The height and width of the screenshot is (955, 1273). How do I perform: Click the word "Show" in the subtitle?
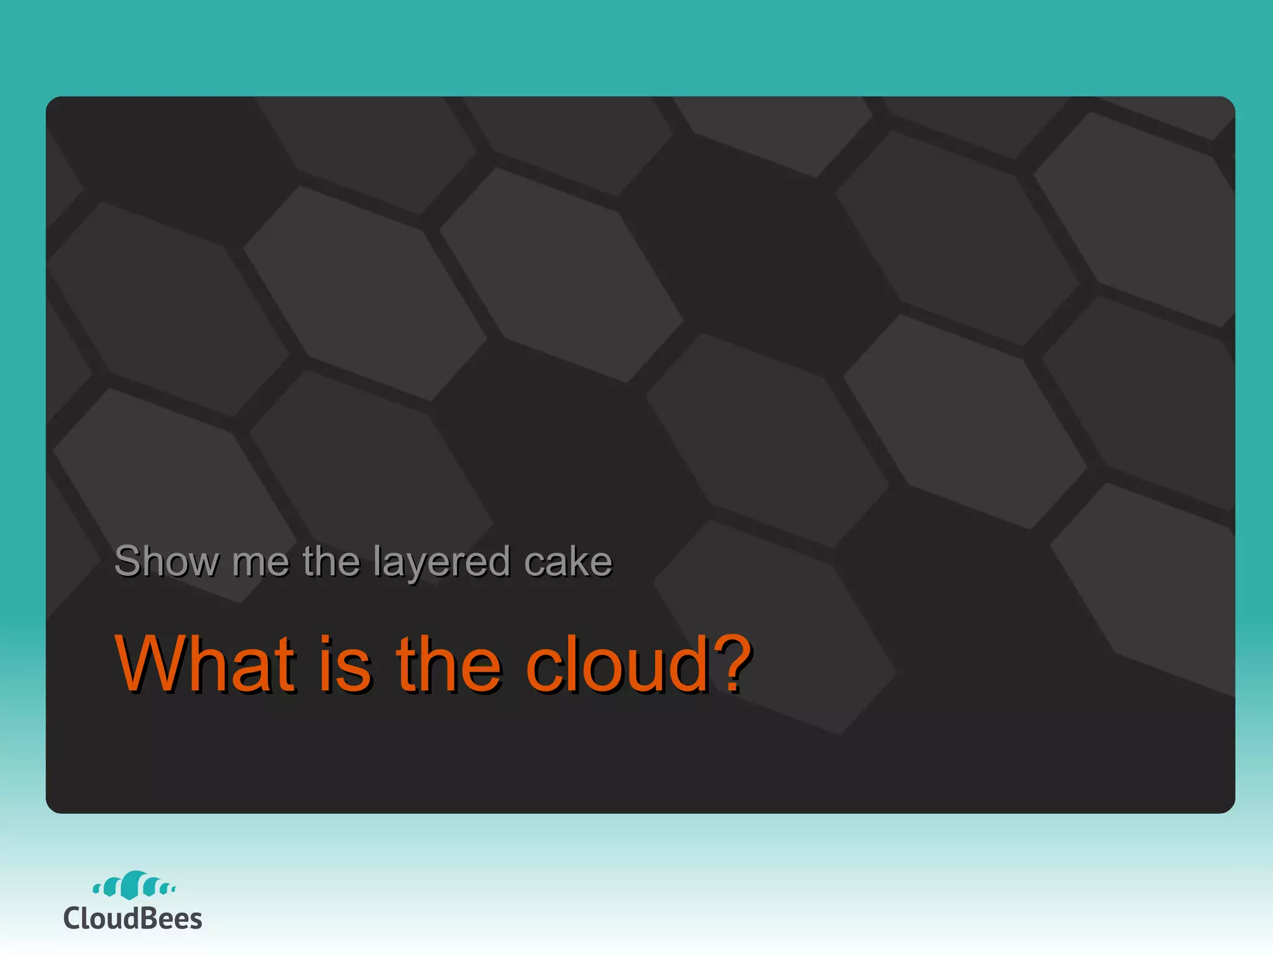167,561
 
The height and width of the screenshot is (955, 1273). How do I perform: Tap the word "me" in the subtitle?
260,563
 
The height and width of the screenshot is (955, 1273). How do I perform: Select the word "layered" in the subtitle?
442,563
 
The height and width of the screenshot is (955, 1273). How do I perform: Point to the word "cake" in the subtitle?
568,561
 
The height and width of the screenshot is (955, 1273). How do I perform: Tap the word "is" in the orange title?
346,664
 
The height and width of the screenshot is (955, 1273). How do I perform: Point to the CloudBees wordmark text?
132,918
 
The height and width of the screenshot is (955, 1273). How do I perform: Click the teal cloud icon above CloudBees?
134,885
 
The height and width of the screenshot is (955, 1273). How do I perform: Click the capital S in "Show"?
129,561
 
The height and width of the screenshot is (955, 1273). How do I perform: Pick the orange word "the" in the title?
448,664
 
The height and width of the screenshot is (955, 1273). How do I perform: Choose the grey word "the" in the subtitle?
331,561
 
